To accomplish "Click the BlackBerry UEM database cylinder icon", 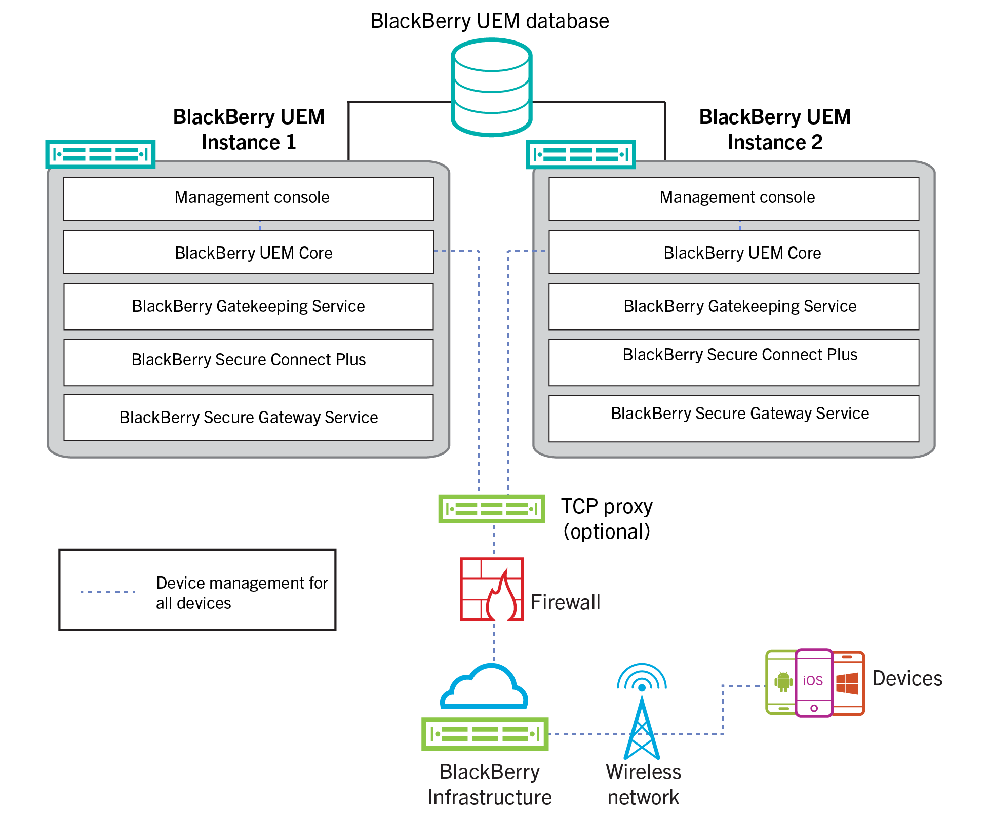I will click(491, 88).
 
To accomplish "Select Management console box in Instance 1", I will click(248, 198).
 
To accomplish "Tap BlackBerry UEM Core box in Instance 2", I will click(733, 252).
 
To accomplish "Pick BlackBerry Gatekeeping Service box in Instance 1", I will click(248, 306).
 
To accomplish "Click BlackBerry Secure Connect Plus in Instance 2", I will click(733, 362).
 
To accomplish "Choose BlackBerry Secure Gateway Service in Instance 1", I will click(248, 417).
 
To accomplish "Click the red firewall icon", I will click(491, 589).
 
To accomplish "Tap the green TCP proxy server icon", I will click(491, 508).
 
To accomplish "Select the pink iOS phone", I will click(813, 682).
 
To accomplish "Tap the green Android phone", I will click(780, 682).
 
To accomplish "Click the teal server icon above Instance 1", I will click(100, 154).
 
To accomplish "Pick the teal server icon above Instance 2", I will click(581, 154).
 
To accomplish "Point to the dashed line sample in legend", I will click(108, 591).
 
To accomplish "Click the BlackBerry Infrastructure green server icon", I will click(485, 734).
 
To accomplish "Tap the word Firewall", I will click(565, 602).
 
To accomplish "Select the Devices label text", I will click(906, 678).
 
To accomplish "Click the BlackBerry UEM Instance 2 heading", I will click(775, 130).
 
